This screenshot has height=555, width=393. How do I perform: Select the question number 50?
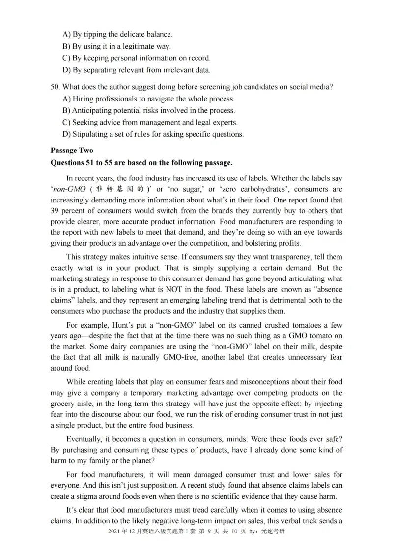click(55, 87)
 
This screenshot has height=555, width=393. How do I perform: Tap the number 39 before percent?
click(55, 210)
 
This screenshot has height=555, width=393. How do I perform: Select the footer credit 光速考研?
click(272, 532)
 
